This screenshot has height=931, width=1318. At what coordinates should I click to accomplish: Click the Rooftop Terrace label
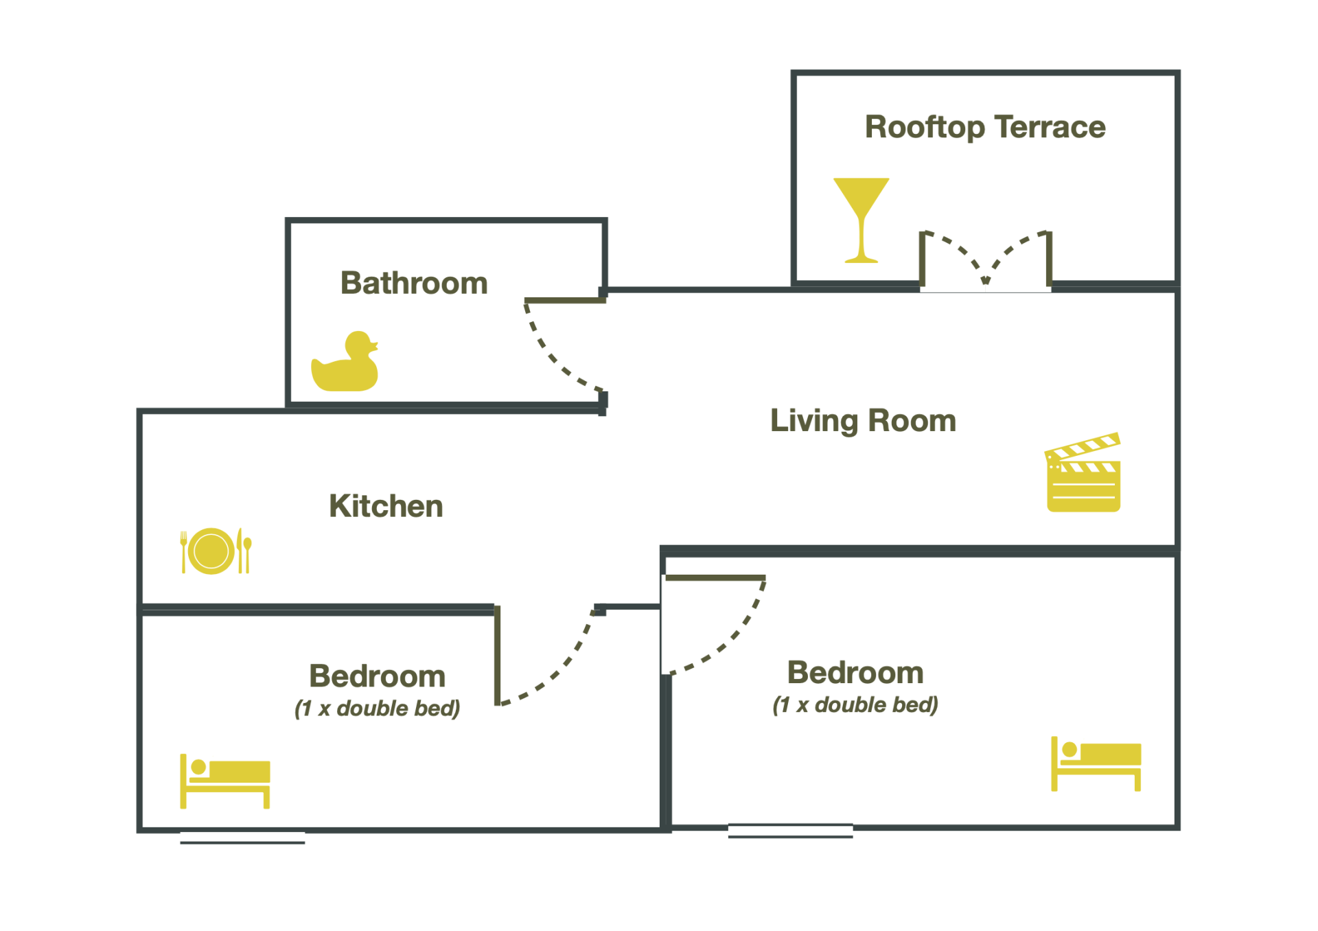[984, 128]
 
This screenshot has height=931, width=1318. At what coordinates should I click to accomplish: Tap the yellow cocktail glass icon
[861, 220]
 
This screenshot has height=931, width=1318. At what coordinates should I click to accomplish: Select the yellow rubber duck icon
[345, 364]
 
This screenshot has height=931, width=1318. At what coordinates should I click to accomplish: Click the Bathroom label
[414, 284]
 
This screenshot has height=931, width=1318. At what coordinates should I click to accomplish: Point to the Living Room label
[863, 421]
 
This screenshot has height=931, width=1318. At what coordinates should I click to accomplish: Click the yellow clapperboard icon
[1083, 474]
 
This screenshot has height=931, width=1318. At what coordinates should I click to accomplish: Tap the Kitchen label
[386, 507]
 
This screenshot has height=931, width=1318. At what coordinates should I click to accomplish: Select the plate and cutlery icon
[215, 551]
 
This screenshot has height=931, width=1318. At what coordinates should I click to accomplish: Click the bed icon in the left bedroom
[225, 781]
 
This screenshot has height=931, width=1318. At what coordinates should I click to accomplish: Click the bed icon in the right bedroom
[1096, 763]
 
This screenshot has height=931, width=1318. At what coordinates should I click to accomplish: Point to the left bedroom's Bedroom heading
[377, 676]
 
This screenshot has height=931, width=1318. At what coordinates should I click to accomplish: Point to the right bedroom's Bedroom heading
[855, 673]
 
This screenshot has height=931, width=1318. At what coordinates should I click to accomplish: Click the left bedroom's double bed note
[377, 709]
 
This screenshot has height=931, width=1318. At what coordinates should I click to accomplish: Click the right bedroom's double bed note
[855, 705]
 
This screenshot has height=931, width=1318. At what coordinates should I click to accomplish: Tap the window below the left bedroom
[242, 837]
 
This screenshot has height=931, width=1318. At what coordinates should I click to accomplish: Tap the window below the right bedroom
[790, 831]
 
